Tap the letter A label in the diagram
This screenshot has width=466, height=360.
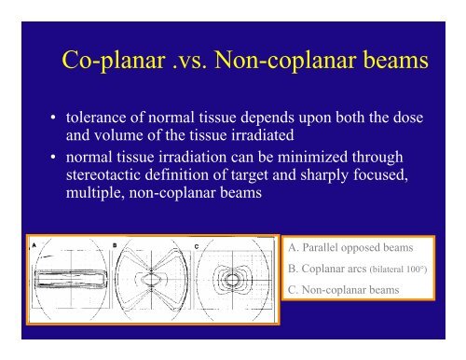(x=35, y=245)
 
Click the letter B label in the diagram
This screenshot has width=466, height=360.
(x=113, y=245)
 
